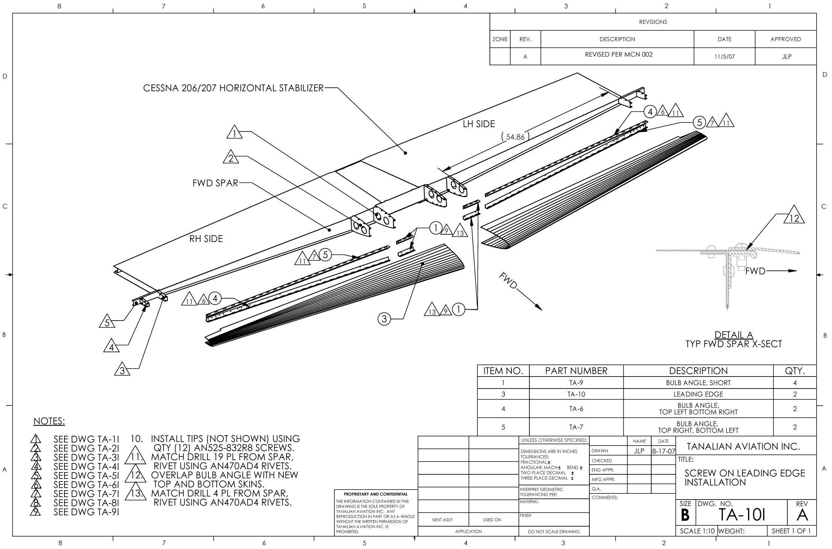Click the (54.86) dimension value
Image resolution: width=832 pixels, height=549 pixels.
[x=515, y=137]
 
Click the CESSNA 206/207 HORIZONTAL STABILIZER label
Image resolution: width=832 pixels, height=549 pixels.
[x=233, y=88]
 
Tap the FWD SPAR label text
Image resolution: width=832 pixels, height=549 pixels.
[x=215, y=183]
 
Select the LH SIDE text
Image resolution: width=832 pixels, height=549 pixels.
[x=479, y=124]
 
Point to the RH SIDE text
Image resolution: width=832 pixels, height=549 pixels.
[x=206, y=239]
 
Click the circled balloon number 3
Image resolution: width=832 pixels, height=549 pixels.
[x=384, y=319]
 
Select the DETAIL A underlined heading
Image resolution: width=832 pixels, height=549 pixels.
[x=733, y=335]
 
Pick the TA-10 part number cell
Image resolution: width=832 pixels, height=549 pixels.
[x=576, y=394]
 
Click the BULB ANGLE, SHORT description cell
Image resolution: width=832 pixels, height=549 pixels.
[x=698, y=383]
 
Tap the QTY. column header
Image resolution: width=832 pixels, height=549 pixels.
[x=795, y=371]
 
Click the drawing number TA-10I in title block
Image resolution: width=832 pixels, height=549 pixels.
[x=741, y=516]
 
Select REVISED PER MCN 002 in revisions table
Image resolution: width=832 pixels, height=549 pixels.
[x=619, y=55]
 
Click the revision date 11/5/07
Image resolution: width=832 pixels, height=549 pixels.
[x=724, y=57]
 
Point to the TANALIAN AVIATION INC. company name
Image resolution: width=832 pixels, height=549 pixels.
[x=743, y=446]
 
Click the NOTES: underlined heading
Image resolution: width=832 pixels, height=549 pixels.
[x=49, y=421]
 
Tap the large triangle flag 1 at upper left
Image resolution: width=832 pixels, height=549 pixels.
[x=234, y=133]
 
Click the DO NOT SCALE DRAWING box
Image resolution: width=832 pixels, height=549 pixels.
[x=554, y=531]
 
